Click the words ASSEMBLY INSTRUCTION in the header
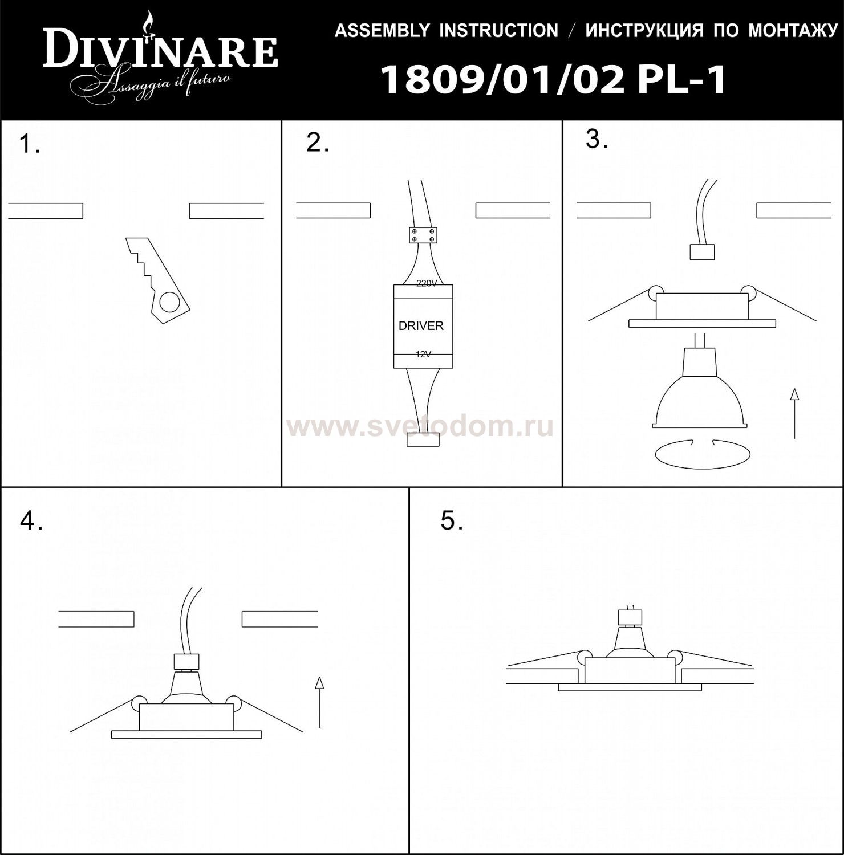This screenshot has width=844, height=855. pos(446,30)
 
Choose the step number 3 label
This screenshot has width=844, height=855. pos(597,140)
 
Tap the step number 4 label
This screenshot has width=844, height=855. pos(31,520)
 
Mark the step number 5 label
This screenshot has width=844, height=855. pos(452,520)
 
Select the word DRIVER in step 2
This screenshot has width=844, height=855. pos(421,326)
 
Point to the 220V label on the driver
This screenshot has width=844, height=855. pos(426,283)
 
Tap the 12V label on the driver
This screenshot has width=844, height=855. pos(423,355)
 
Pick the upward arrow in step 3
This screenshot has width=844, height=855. pos(794,413)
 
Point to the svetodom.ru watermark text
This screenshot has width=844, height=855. pos(422,426)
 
